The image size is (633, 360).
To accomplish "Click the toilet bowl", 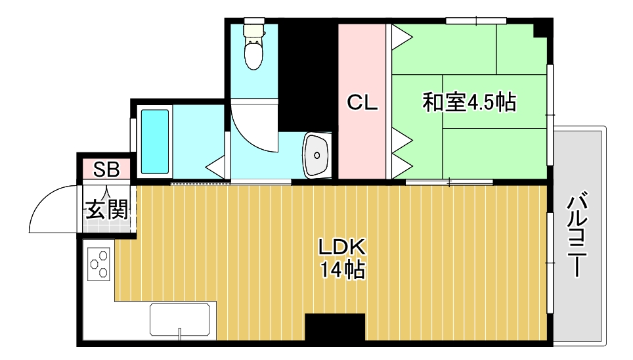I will [x=253, y=53].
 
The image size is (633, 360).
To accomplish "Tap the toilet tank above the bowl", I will [x=253, y=30].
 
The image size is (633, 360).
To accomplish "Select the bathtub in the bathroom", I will [x=155, y=142].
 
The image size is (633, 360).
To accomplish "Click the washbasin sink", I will [x=317, y=156].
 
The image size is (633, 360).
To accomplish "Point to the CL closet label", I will [x=362, y=102].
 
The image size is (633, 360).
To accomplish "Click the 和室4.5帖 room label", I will [x=468, y=102].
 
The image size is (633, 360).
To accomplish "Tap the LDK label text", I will [x=341, y=247].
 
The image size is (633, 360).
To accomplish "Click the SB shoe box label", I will [x=106, y=169].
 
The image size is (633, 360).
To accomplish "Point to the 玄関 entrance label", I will [x=106, y=210].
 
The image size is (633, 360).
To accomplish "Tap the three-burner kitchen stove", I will [x=100, y=265].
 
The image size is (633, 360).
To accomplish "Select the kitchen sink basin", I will [x=183, y=319].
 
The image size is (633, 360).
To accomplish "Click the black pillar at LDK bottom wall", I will [x=334, y=328].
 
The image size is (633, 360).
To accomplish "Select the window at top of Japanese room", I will [x=471, y=21].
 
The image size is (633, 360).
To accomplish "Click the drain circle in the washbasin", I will [x=317, y=156].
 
